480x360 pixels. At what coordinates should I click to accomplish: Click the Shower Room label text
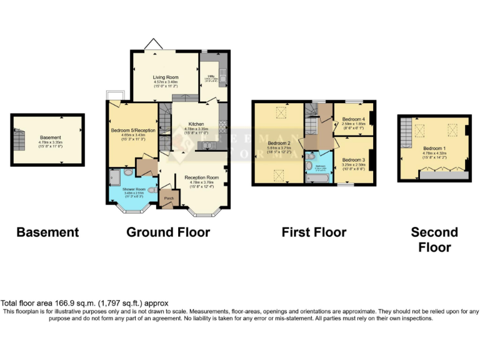click(134, 189)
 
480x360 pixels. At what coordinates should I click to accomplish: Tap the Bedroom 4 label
click(353, 119)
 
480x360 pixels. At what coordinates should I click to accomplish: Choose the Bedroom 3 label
click(353, 160)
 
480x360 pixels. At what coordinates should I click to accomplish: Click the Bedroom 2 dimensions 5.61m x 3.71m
click(279, 147)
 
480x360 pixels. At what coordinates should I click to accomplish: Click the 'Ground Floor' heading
click(168, 232)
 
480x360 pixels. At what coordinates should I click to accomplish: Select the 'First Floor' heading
click(314, 232)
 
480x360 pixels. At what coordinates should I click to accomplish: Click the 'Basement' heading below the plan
click(47, 232)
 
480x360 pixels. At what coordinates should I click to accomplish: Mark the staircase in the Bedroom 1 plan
click(406, 131)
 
